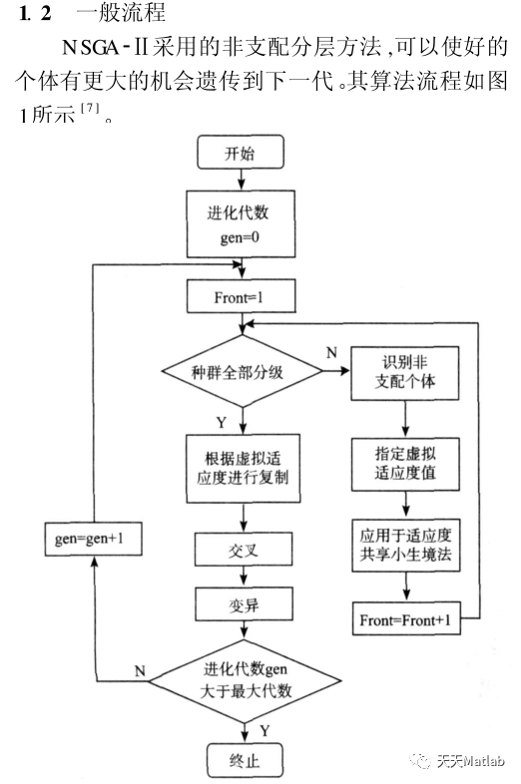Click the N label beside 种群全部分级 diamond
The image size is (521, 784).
point(331,352)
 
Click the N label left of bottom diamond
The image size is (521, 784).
point(141,671)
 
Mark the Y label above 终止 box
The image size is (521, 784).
point(263,730)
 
